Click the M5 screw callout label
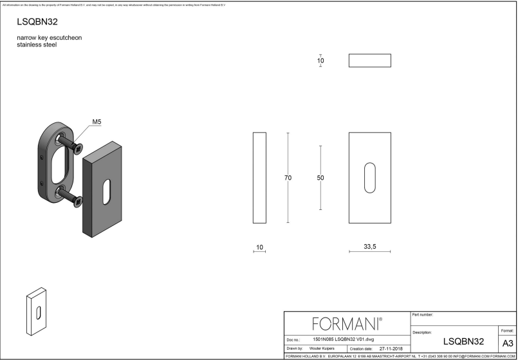click(98, 122)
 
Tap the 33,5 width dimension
click(369, 247)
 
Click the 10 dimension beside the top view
click(320, 61)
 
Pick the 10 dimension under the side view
click(259, 247)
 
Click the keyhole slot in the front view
click(370, 178)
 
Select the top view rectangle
click(370, 61)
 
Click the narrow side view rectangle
click(259, 178)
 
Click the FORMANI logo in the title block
click(346, 323)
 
